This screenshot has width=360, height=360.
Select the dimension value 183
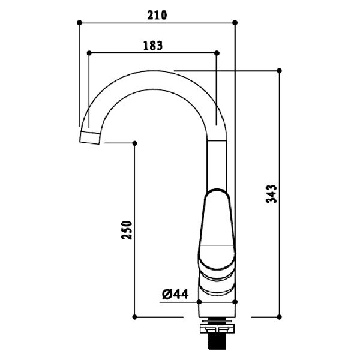(153, 45)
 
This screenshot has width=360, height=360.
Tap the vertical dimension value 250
(127, 229)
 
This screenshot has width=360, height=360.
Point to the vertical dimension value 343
(271, 194)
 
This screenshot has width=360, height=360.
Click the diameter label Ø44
(175, 293)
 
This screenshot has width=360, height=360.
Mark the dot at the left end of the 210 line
(80, 22)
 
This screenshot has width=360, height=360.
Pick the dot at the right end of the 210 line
(235, 22)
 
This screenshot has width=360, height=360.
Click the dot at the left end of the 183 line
(89, 53)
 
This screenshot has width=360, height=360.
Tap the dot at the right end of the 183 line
(217, 53)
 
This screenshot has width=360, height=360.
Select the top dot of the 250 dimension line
(134, 143)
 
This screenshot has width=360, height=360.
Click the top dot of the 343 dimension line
(279, 70)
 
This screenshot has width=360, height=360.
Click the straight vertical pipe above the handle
(217, 162)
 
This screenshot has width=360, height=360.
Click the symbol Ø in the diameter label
(167, 293)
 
